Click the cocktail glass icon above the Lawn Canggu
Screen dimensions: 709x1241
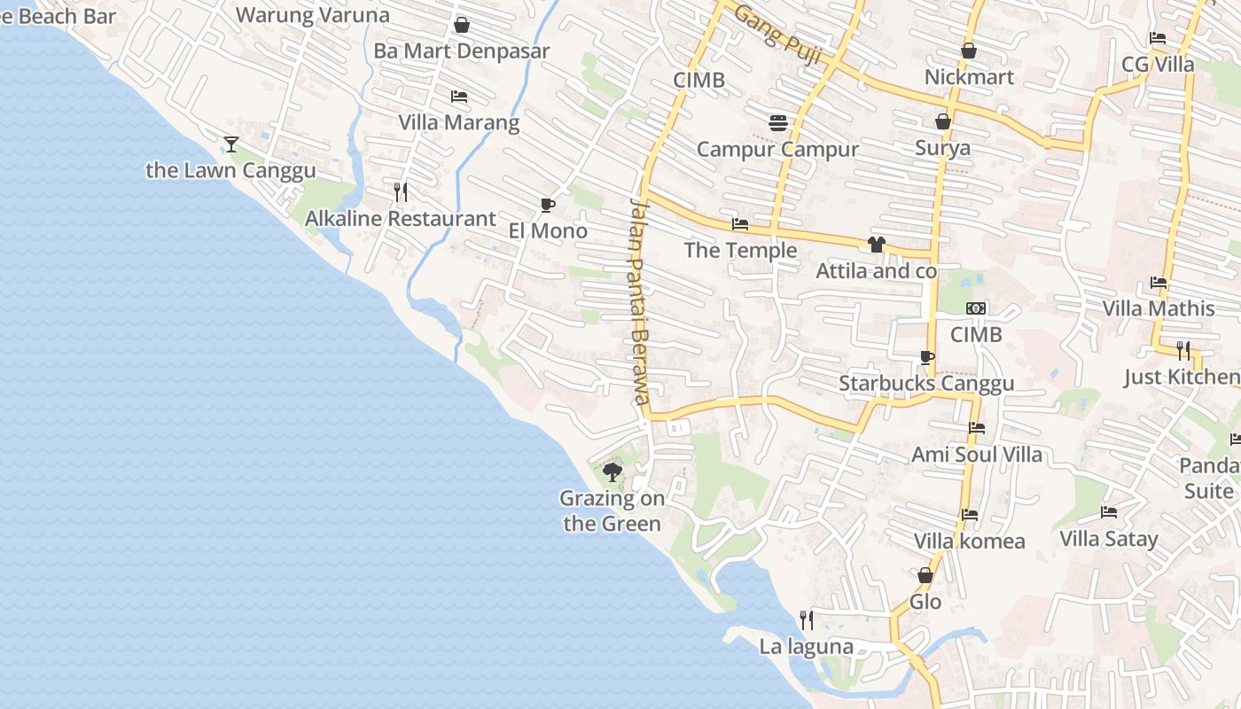tap(231, 144)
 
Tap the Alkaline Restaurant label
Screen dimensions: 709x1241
tap(400, 219)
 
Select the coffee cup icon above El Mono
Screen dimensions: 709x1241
tap(548, 206)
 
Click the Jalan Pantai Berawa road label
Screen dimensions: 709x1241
tap(640, 301)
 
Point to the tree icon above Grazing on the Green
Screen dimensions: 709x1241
tap(612, 471)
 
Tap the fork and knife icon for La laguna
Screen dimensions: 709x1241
tap(807, 619)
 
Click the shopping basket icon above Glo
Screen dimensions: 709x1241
tap(925, 575)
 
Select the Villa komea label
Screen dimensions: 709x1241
tap(969, 541)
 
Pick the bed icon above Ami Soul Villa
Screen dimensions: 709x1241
tap(977, 428)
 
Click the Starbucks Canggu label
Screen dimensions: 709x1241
tap(926, 384)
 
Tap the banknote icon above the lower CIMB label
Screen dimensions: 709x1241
tap(976, 308)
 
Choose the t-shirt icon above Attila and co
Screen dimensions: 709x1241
tap(877, 245)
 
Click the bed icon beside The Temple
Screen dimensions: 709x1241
tap(740, 224)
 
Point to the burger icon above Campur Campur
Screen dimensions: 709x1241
tap(778, 123)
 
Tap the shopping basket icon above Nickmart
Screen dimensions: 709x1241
tap(969, 51)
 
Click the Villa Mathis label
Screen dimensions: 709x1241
tap(1159, 308)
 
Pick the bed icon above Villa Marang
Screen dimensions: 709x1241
tap(458, 96)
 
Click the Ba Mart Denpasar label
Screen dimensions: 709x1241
tap(462, 51)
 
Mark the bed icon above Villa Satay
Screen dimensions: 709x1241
tap(1109, 511)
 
